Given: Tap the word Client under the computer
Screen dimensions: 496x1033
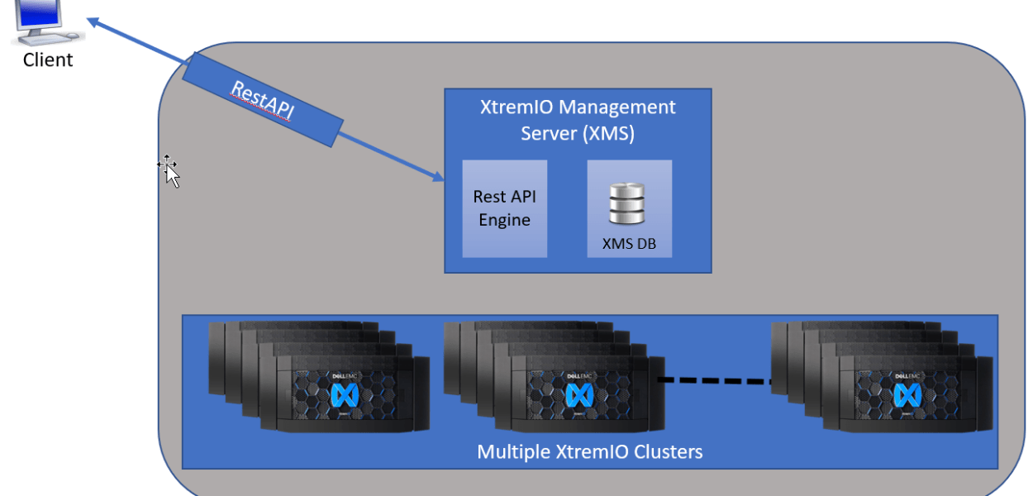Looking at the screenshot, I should (x=48, y=60).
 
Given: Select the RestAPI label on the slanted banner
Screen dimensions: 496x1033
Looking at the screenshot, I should (x=262, y=103).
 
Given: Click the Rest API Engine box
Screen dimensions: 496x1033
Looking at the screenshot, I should (x=504, y=208).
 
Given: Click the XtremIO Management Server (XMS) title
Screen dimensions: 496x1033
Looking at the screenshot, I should (x=578, y=120).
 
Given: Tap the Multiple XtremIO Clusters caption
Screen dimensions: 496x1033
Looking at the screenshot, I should (x=589, y=451).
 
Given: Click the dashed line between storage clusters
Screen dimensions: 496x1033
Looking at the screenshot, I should (x=714, y=380).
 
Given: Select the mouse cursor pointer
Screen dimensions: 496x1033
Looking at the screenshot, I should (x=170, y=171).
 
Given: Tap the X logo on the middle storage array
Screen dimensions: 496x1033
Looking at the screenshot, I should (x=575, y=395).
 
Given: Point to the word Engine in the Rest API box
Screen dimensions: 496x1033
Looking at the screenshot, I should (x=504, y=220).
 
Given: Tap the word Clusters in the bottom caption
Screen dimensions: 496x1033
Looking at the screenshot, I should (x=669, y=451).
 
